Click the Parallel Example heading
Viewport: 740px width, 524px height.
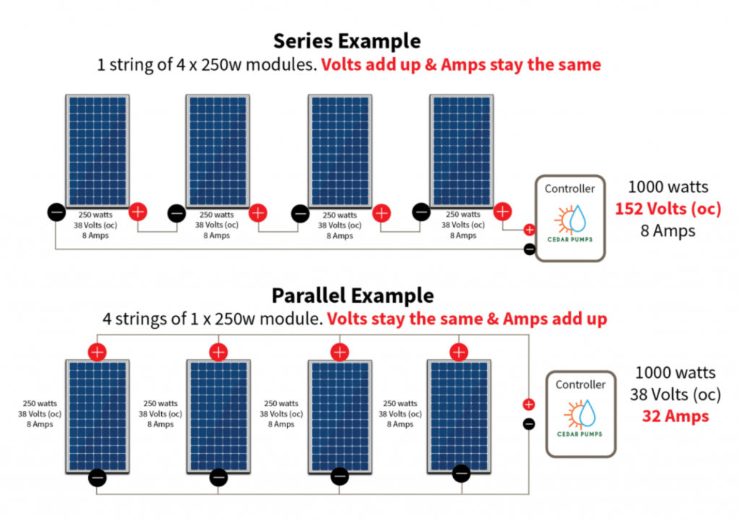pos(353,296)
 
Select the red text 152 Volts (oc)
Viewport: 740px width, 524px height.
pos(668,209)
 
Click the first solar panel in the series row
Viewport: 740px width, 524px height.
pos(98,150)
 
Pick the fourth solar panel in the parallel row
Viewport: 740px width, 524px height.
pos(459,416)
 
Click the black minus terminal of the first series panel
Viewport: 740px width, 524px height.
pos(56,212)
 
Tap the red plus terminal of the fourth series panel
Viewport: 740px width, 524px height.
pos(502,212)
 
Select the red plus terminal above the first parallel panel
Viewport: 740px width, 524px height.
pos(98,352)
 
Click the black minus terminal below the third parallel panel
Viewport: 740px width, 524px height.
pos(340,477)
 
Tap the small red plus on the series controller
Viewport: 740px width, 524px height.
pos(529,231)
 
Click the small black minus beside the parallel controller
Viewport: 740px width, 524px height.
pos(529,424)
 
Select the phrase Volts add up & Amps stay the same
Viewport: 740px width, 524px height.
pos(461,64)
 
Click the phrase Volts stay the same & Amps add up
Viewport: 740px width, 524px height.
pos(467,319)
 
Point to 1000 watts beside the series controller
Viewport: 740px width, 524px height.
pos(668,186)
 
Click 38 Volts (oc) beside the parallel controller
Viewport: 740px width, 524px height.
pos(675,395)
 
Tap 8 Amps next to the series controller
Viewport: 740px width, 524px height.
pos(668,231)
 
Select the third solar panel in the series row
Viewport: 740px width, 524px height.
pos(340,150)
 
